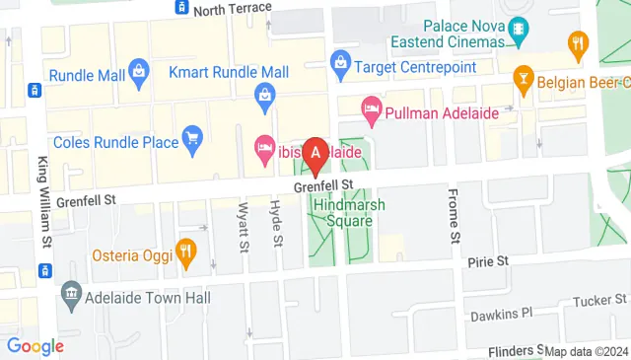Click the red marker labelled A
point(315,154)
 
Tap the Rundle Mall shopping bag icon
point(140,70)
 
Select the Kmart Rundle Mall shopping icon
point(264,95)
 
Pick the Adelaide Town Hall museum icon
point(70,293)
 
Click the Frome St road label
point(454,215)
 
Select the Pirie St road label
point(487,261)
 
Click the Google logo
point(35,345)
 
